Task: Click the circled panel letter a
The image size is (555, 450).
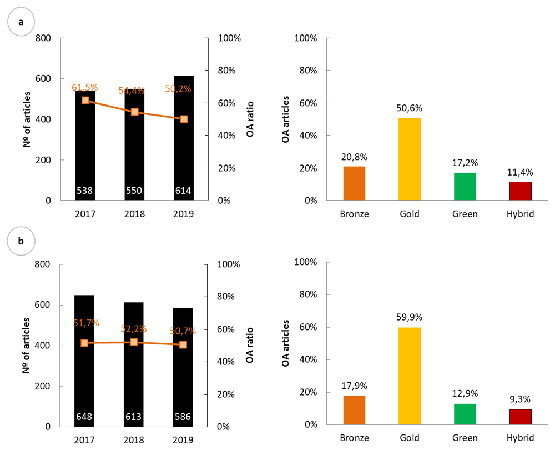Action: point(21,22)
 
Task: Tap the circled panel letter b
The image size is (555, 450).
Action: point(21,242)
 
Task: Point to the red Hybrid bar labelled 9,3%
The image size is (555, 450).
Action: point(521,417)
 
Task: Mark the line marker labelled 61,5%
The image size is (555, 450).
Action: point(85,101)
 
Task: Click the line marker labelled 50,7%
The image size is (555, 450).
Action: point(184,344)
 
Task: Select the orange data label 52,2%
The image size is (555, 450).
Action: point(134,329)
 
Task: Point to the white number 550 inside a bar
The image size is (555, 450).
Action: point(134,191)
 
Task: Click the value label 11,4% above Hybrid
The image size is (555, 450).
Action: point(521,172)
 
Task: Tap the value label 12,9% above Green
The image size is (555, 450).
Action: point(465,394)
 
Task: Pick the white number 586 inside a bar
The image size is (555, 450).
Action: point(184,416)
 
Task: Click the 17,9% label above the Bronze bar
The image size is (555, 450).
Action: point(355,386)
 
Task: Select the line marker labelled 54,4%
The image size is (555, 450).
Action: point(134,112)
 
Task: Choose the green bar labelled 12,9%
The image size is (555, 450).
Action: point(465,414)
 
